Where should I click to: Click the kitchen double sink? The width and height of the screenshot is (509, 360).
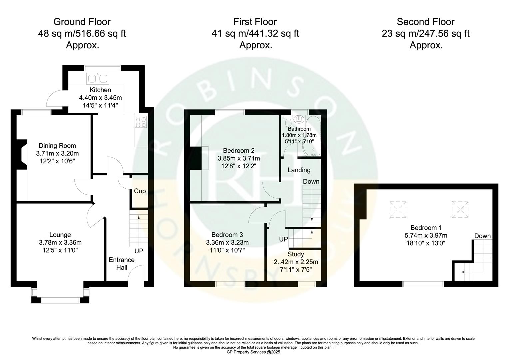pyautogui.click(x=97, y=78)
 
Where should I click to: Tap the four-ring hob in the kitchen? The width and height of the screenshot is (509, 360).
pyautogui.click(x=141, y=122)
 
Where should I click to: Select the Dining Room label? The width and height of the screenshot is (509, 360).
pyautogui.click(x=57, y=146)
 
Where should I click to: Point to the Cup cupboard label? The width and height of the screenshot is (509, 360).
pyautogui.click(x=140, y=191)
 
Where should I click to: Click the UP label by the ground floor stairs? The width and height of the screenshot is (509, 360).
pyautogui.click(x=139, y=251)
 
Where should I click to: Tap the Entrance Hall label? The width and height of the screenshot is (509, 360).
pyautogui.click(x=122, y=263)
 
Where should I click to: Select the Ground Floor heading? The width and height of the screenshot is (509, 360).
pyautogui.click(x=82, y=22)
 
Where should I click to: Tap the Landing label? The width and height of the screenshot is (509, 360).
pyautogui.click(x=299, y=170)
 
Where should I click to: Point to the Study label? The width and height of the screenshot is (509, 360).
pyautogui.click(x=296, y=254)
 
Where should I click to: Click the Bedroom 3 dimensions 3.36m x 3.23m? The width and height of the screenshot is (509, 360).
pyautogui.click(x=227, y=242)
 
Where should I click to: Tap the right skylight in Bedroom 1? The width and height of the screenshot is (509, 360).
pyautogui.click(x=460, y=209)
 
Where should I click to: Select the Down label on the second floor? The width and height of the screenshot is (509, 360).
pyautogui.click(x=482, y=236)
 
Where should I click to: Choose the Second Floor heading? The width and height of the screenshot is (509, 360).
pyautogui.click(x=425, y=22)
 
